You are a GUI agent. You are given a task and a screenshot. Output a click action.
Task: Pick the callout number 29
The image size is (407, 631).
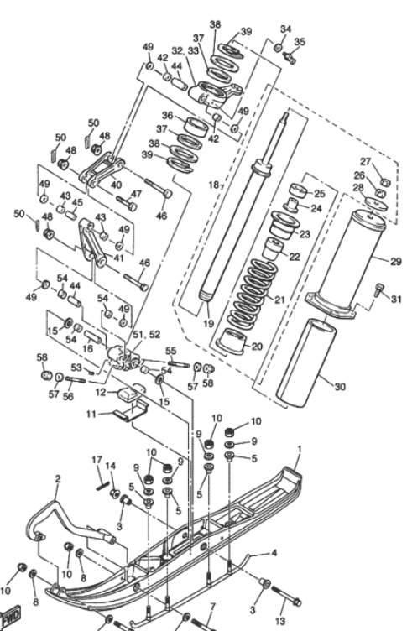pyautogui.click(x=395, y=261)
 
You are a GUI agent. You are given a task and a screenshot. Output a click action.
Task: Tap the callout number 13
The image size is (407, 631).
pyautogui.click(x=303, y=621)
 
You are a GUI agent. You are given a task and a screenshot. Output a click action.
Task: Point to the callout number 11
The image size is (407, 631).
pyautogui.click(x=92, y=414)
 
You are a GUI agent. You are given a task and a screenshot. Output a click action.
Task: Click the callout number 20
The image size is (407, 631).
pyautogui.click(x=255, y=346)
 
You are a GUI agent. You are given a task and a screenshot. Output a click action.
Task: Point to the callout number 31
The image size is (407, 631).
pyautogui.click(x=395, y=300)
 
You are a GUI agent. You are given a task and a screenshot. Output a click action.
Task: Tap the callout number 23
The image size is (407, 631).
pyautogui.click(x=304, y=235)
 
